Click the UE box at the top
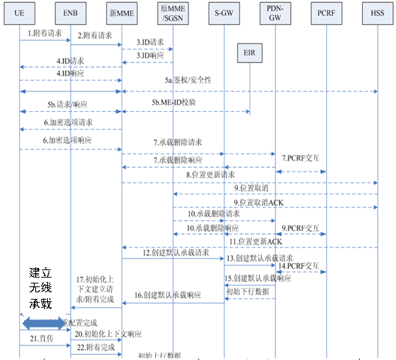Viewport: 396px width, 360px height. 20,13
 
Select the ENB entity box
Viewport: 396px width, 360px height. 70,13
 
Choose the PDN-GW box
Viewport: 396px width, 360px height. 274,13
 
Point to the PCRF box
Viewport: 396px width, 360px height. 325,13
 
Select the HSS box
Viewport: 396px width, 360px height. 376,13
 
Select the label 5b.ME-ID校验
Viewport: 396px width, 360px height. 174,102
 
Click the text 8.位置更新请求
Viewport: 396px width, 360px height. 210,175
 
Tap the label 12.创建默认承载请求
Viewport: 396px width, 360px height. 174,253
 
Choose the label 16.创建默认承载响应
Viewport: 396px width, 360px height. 168,294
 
